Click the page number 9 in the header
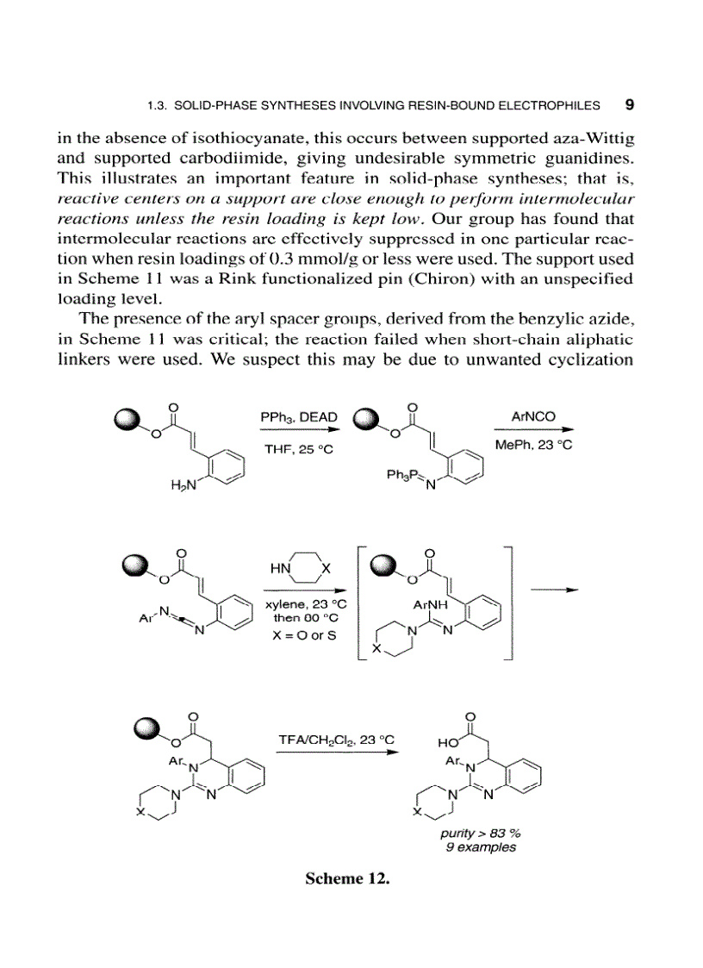(x=629, y=105)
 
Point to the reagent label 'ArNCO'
(x=533, y=416)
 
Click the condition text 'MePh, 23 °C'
(x=534, y=445)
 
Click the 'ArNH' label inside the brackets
(x=428, y=606)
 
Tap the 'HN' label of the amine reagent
(x=281, y=570)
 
